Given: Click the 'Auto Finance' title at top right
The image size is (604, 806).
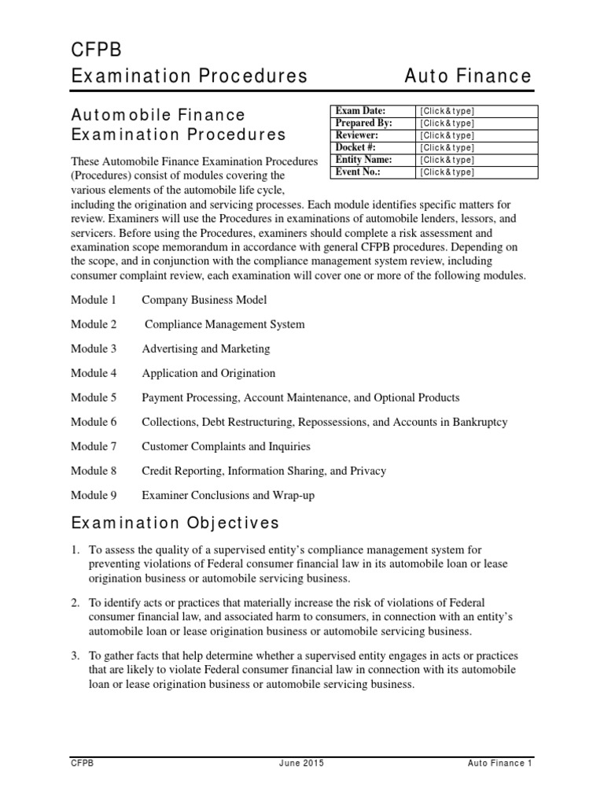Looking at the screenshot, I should (468, 76).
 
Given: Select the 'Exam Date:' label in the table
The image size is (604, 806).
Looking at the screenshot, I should (361, 111).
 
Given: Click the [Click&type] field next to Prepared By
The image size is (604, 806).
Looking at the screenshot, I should (447, 124).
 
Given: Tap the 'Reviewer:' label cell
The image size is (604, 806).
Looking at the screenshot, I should (358, 135).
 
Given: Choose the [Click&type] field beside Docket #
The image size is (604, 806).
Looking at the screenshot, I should (447, 148).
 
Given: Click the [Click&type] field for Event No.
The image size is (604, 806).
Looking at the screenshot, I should (447, 172).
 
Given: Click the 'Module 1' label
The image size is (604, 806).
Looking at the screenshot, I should (93, 300).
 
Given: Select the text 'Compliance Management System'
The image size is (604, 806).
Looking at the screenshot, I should (225, 324).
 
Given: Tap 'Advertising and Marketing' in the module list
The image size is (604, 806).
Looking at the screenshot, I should (205, 349).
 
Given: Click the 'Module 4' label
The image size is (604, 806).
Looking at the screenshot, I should (93, 373).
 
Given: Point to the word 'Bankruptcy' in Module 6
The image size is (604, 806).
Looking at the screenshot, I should (480, 422).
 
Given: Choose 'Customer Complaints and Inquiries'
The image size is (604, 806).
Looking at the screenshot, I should (226, 446).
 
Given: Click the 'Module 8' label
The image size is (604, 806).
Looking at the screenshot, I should (93, 471).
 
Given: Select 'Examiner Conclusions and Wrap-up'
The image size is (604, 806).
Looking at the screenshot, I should (227, 495).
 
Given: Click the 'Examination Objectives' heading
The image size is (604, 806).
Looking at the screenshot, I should (175, 523).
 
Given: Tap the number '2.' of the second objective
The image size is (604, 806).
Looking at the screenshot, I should (75, 602).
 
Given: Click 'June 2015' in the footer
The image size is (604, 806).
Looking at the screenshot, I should (300, 763).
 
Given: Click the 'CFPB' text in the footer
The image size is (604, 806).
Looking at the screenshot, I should (82, 763).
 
